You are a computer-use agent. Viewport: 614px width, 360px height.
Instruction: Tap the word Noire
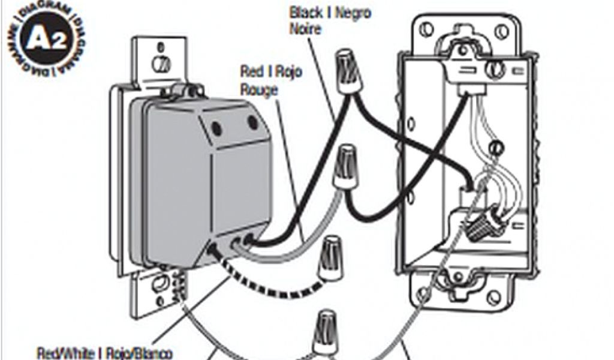[303, 28]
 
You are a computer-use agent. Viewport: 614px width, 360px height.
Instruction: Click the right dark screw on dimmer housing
[252, 123]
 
